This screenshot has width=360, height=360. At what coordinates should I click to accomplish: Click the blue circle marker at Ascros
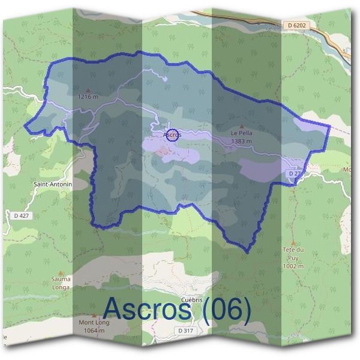(x=172, y=135)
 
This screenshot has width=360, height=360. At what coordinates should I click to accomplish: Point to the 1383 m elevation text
(x=241, y=142)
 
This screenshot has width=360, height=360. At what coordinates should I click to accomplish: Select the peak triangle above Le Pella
(x=242, y=127)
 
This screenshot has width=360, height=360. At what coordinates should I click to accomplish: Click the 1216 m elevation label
(x=88, y=95)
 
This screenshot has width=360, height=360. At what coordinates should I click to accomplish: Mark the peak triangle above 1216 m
(x=88, y=89)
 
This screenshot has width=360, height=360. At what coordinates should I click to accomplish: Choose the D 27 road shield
(x=293, y=173)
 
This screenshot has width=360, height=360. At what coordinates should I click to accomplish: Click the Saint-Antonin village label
(x=53, y=184)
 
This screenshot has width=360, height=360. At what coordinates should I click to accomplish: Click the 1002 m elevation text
(x=293, y=266)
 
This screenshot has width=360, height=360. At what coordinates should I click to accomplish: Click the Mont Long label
(x=91, y=322)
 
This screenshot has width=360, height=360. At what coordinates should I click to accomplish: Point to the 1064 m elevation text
(x=91, y=330)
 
